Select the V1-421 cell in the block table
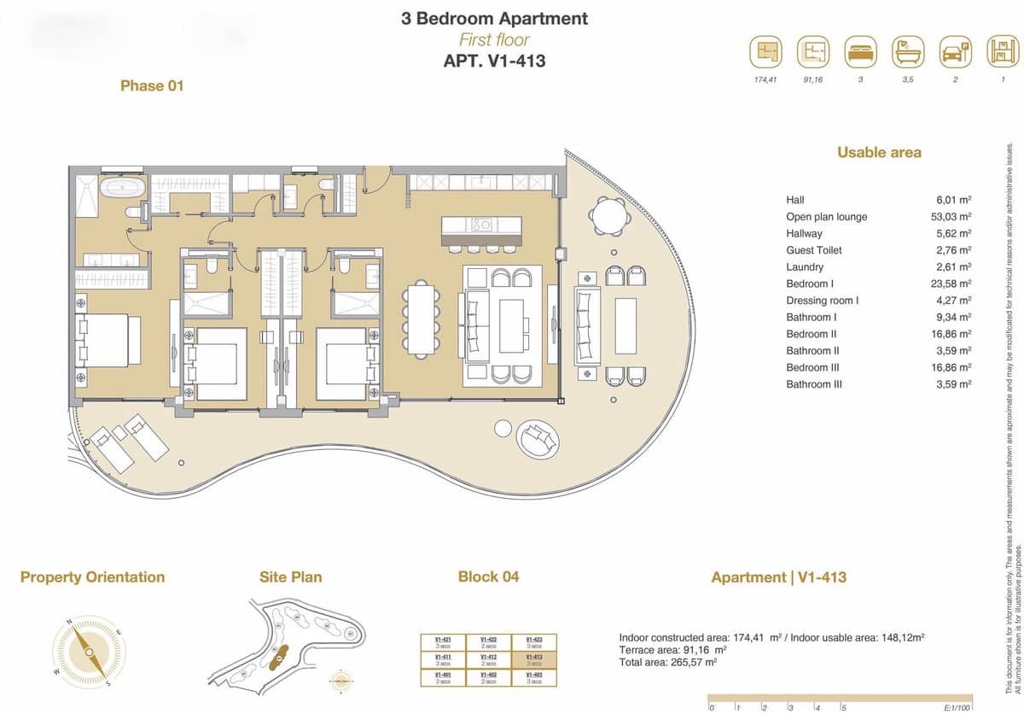(443, 642)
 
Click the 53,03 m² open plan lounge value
(953, 217)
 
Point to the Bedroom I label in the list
(810, 284)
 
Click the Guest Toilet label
(813, 250)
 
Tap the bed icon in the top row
(860, 53)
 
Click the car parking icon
(955, 53)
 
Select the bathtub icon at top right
(908, 53)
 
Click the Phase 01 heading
(152, 85)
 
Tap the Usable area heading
(879, 152)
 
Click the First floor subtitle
(494, 39)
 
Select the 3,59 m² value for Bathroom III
(953, 384)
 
